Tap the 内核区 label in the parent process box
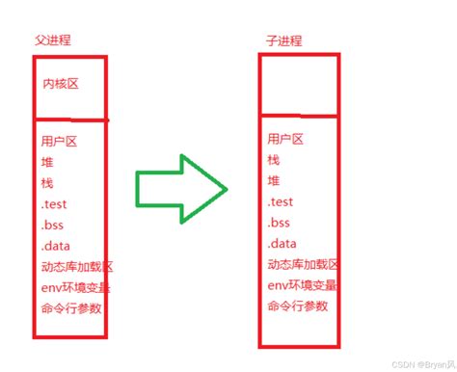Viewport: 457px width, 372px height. tap(60, 85)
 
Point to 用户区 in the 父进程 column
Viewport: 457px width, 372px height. tap(58, 140)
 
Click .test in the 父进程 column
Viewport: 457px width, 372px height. tap(54, 203)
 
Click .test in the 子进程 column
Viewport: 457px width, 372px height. tap(281, 202)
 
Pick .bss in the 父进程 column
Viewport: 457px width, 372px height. tap(52, 224)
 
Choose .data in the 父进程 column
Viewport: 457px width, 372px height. tap(55, 245)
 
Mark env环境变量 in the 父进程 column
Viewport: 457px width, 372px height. tap(74, 286)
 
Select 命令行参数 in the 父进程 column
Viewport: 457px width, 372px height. tap(70, 307)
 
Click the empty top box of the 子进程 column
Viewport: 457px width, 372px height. tap(299, 84)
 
